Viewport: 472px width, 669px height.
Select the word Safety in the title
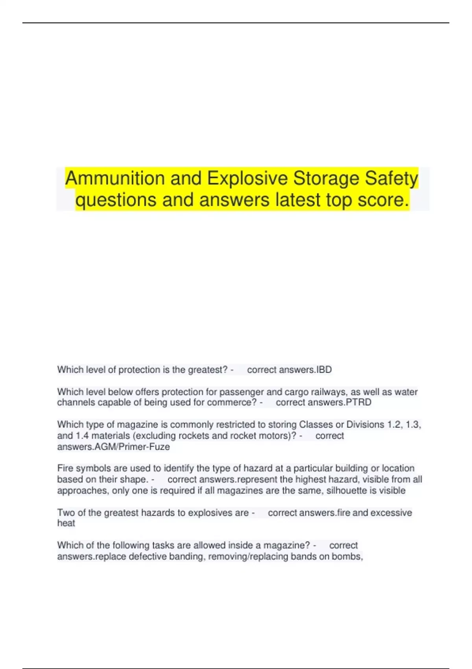tap(391, 178)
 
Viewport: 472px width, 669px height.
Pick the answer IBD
tap(324, 370)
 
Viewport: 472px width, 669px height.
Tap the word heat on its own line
tap(66, 523)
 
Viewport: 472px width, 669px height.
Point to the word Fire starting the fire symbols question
tap(65, 468)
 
